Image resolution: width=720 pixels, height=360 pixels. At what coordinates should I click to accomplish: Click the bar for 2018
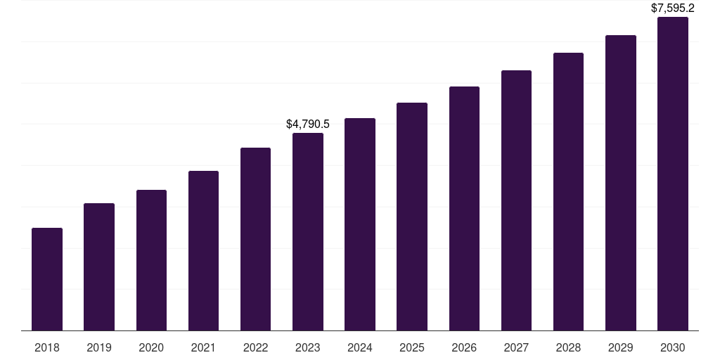pyautogui.click(x=47, y=279)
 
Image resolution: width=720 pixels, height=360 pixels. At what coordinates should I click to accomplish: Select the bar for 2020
pyautogui.click(x=151, y=260)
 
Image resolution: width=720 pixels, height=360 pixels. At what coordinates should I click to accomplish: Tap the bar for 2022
pyautogui.click(x=255, y=239)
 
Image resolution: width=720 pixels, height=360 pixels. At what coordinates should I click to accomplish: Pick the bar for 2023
pyautogui.click(x=308, y=232)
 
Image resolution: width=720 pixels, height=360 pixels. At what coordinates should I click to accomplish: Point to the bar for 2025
pyautogui.click(x=412, y=217)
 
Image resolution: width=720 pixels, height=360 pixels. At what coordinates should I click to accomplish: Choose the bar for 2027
pyautogui.click(x=516, y=200)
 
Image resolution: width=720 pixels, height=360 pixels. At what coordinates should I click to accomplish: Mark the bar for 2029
pyautogui.click(x=621, y=183)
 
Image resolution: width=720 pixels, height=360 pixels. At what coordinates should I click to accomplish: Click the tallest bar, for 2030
pyautogui.click(x=673, y=174)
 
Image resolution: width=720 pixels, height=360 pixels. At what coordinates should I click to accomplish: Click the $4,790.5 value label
pyautogui.click(x=308, y=124)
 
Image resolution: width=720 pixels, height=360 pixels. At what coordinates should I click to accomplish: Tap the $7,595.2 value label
pyautogui.click(x=673, y=8)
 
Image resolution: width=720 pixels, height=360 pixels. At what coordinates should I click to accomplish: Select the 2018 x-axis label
pyautogui.click(x=47, y=347)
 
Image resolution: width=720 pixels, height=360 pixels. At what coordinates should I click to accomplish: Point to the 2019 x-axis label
pyautogui.click(x=99, y=347)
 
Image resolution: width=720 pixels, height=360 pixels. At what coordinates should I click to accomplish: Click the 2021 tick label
pyautogui.click(x=203, y=347)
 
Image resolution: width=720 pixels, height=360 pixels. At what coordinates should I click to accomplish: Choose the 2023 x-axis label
pyautogui.click(x=308, y=347)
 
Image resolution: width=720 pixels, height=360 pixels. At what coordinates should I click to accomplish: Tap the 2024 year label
pyautogui.click(x=360, y=347)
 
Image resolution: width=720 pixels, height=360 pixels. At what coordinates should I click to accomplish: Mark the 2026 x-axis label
pyautogui.click(x=464, y=347)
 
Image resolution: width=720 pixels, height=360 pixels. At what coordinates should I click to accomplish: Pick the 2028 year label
pyautogui.click(x=568, y=347)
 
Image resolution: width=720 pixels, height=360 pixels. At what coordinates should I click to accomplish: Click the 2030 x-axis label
pyautogui.click(x=673, y=347)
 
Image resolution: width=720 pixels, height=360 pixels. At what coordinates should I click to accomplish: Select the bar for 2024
pyautogui.click(x=360, y=224)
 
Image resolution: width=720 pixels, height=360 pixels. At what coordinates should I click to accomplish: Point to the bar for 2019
pyautogui.click(x=99, y=267)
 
